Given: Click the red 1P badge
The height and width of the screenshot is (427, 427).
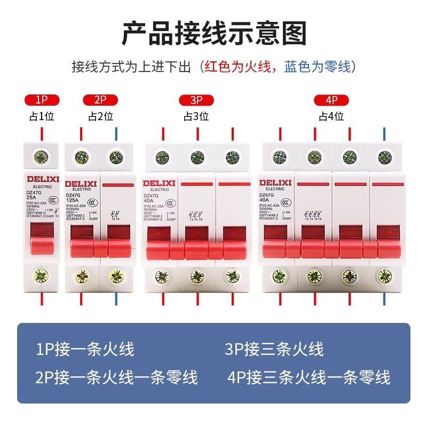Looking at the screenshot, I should pyautogui.click(x=42, y=100).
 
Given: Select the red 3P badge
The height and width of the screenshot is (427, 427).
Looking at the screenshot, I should pyautogui.click(x=196, y=100).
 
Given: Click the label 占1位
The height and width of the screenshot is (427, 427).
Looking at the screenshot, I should pyautogui.click(x=42, y=115).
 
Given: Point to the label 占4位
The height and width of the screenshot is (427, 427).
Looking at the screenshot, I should pyautogui.click(x=331, y=115).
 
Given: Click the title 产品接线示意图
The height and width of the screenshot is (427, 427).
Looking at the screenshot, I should pyautogui.click(x=213, y=33).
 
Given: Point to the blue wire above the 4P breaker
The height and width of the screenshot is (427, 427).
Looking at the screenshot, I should pyautogui.click(x=383, y=133).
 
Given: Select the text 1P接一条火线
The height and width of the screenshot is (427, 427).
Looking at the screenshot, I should pyautogui.click(x=85, y=350).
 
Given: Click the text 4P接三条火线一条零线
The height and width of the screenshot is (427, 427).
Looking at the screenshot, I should pyautogui.click(x=309, y=377).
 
